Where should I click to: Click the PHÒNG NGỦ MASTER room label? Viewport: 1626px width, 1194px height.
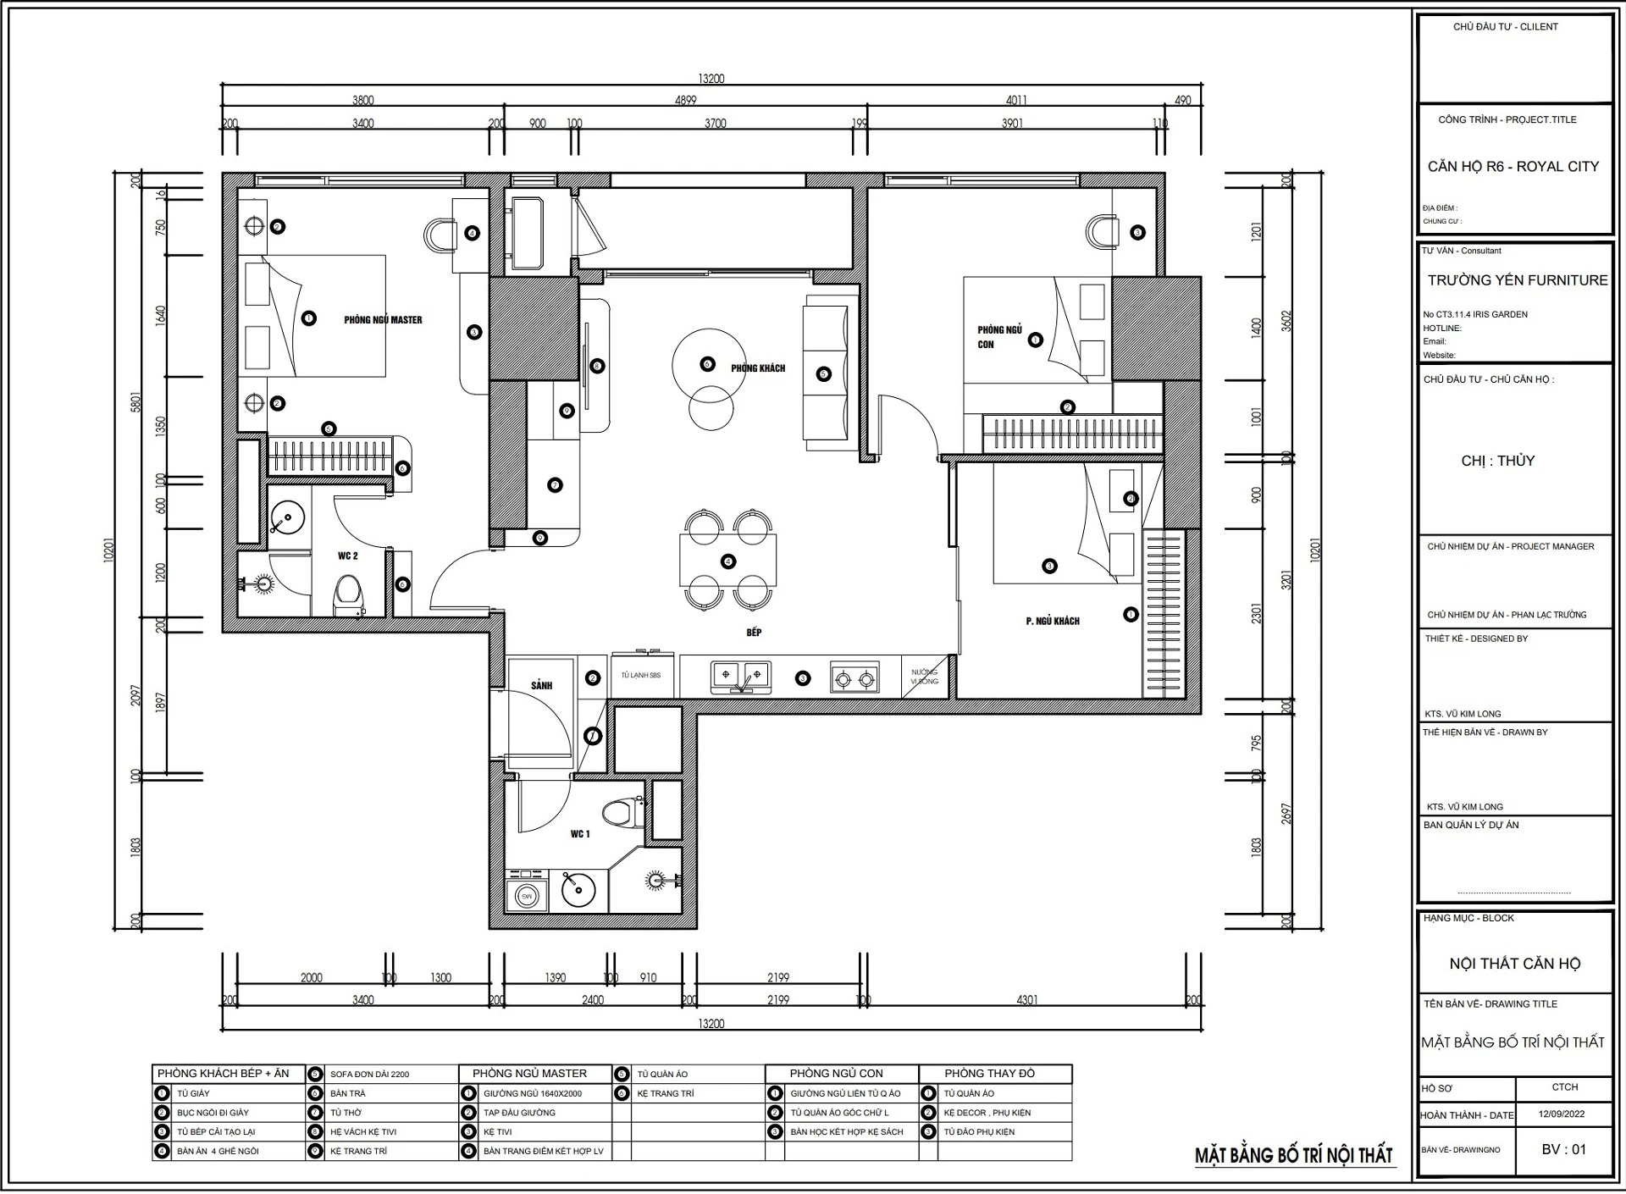click(383, 320)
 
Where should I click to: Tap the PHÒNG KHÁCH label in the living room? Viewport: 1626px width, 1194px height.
click(758, 368)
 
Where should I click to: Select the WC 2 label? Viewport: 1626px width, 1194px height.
click(348, 556)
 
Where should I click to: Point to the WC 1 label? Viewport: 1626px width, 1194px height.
click(580, 834)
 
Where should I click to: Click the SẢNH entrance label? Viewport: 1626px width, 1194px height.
click(542, 685)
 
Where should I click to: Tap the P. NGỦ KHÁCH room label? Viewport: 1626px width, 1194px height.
click(1053, 621)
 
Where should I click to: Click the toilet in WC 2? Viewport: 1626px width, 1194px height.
click(348, 596)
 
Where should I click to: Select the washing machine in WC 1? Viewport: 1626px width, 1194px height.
click(526, 893)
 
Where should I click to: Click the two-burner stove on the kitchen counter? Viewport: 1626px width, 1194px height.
click(854, 678)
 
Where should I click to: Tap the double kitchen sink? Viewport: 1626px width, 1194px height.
click(740, 676)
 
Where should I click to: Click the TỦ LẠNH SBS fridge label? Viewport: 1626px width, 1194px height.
click(640, 675)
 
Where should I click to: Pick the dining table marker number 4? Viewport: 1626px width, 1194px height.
click(727, 561)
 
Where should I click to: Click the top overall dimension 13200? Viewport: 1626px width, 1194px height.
click(711, 79)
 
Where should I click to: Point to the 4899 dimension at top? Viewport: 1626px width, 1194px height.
click(685, 100)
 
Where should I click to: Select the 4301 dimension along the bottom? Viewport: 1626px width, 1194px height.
click(1026, 1000)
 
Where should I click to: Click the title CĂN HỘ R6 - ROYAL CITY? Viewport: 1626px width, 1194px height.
click(1513, 167)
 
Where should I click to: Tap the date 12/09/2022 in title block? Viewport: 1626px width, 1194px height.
click(1562, 1114)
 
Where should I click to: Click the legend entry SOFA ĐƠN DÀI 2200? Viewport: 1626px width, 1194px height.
click(369, 1074)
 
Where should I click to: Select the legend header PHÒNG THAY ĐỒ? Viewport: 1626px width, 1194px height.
click(990, 1073)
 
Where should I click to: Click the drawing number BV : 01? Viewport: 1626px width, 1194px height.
click(1563, 1149)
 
